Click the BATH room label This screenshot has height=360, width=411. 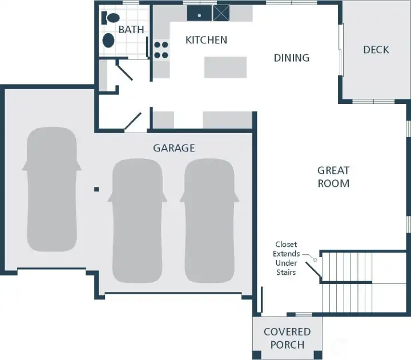pyautogui.click(x=131, y=29)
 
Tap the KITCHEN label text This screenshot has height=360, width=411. pyautogui.click(x=206, y=40)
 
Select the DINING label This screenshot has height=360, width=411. pyautogui.click(x=291, y=58)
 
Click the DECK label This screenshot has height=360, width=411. pyautogui.click(x=376, y=50)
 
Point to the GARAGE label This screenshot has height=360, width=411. pyautogui.click(x=174, y=148)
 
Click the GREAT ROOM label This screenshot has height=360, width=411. pyautogui.click(x=333, y=177)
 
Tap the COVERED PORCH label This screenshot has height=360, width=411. pyautogui.click(x=287, y=338)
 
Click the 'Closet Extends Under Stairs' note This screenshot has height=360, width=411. pyautogui.click(x=285, y=259)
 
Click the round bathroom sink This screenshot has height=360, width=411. pyautogui.click(x=108, y=41)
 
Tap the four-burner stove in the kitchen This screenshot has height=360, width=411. pyautogui.click(x=161, y=50)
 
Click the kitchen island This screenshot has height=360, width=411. pyautogui.click(x=225, y=67)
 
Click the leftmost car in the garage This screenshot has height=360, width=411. pyautogui.click(x=51, y=189)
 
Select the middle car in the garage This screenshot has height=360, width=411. pyautogui.click(x=138, y=220)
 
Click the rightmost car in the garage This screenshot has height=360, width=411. pyautogui.click(x=209, y=220)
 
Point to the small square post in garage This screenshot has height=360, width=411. pyautogui.click(x=97, y=189)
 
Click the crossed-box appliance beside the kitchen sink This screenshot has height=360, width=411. pyautogui.click(x=221, y=13)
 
